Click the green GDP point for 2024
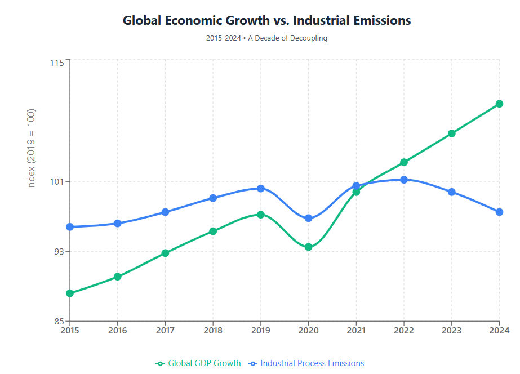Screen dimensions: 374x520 [499, 104]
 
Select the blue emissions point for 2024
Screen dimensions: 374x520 [499, 212]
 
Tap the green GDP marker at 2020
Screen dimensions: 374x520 [308, 247]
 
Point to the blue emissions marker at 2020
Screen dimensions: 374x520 [308, 219]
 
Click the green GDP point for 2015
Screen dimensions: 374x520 [70, 293]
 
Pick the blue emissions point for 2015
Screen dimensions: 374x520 [70, 227]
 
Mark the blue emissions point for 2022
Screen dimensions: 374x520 [404, 180]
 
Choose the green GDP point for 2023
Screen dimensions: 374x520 [451, 133]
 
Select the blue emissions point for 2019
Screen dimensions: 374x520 [261, 188]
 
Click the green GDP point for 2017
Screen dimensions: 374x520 [165, 253]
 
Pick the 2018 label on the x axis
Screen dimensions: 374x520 [213, 330]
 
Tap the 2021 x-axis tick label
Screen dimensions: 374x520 [356, 330]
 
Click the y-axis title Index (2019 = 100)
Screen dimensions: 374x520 [32, 149]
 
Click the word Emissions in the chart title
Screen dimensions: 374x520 [377, 21]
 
